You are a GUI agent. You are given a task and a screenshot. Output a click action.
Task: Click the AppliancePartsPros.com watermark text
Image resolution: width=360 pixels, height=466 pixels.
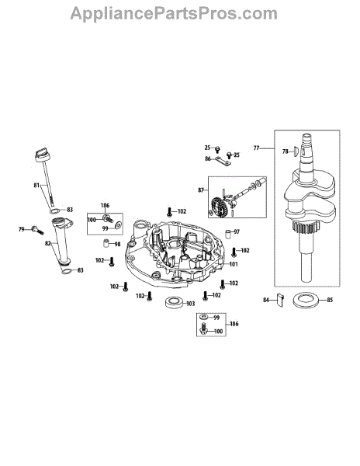(x=174, y=14)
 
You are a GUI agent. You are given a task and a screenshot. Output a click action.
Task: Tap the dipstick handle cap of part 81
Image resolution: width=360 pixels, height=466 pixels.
(x=43, y=155)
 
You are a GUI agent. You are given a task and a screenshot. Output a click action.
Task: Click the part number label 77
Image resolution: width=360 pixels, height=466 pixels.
(x=257, y=148)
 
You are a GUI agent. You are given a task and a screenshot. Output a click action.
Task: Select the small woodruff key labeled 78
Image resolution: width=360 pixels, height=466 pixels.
(x=294, y=151)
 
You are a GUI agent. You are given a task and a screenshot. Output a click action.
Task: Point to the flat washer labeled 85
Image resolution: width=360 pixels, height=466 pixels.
(x=306, y=300)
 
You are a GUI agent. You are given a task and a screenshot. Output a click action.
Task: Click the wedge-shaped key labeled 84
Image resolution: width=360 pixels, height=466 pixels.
(x=280, y=300)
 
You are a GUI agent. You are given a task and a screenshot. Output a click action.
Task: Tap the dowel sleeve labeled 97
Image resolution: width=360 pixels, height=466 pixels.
(x=227, y=233)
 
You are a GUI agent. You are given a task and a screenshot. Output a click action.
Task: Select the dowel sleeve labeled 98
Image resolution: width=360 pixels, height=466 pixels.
(x=106, y=243)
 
